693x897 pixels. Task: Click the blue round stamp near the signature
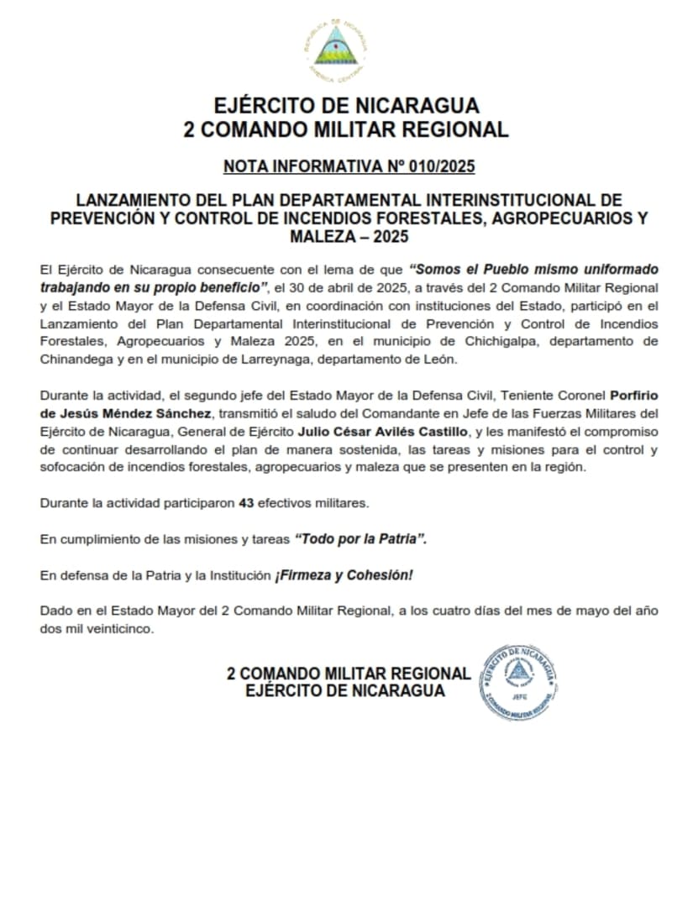tap(518, 682)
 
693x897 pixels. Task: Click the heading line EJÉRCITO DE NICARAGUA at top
tap(346, 106)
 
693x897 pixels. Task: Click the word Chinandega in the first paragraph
tap(74, 359)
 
